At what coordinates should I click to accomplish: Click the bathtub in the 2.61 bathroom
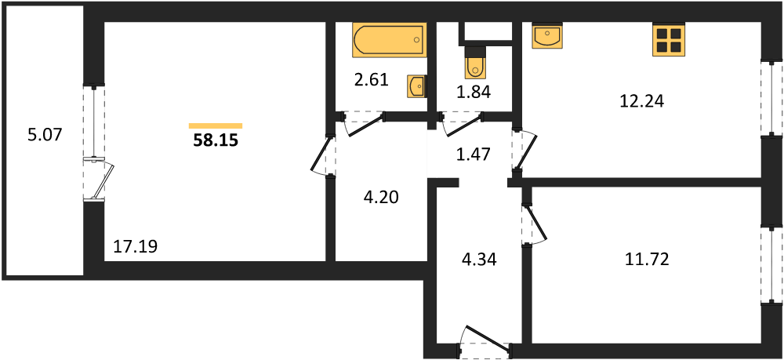click(390, 39)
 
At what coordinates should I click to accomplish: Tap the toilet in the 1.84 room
click(474, 62)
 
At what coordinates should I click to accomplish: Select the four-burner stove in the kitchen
click(669, 39)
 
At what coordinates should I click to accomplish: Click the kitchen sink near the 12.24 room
click(547, 36)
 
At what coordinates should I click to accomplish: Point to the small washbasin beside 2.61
click(416, 87)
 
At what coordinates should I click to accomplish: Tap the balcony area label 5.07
click(45, 134)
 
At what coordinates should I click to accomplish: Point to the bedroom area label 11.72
click(647, 259)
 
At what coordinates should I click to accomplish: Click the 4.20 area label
click(381, 198)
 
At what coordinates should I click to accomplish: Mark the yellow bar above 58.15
click(216, 125)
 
